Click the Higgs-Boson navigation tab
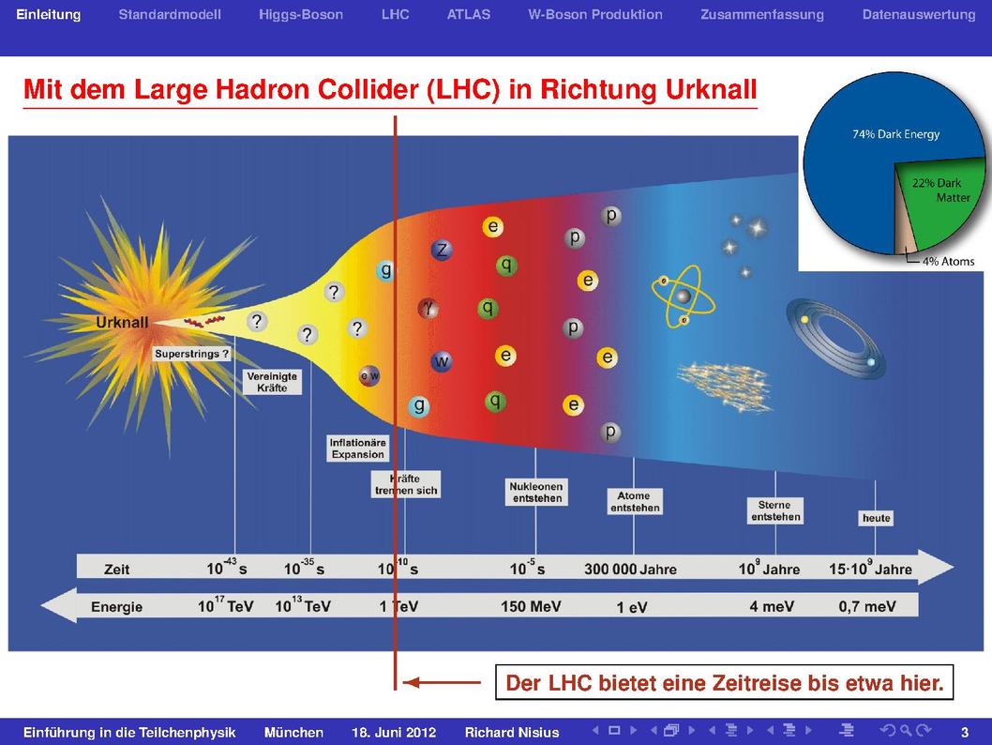(301, 15)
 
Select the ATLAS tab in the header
(468, 15)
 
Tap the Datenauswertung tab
(919, 15)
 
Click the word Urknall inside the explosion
(122, 322)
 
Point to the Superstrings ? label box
(191, 354)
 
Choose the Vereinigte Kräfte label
(272, 382)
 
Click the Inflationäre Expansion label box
(357, 449)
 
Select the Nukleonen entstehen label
(537, 492)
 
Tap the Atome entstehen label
(635, 501)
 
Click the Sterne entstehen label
(775, 510)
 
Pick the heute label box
(877, 518)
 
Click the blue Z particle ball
(442, 250)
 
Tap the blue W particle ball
(441, 361)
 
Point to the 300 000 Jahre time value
(630, 569)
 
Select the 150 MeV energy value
(531, 606)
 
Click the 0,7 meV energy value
(867, 606)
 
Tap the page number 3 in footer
(965, 733)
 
